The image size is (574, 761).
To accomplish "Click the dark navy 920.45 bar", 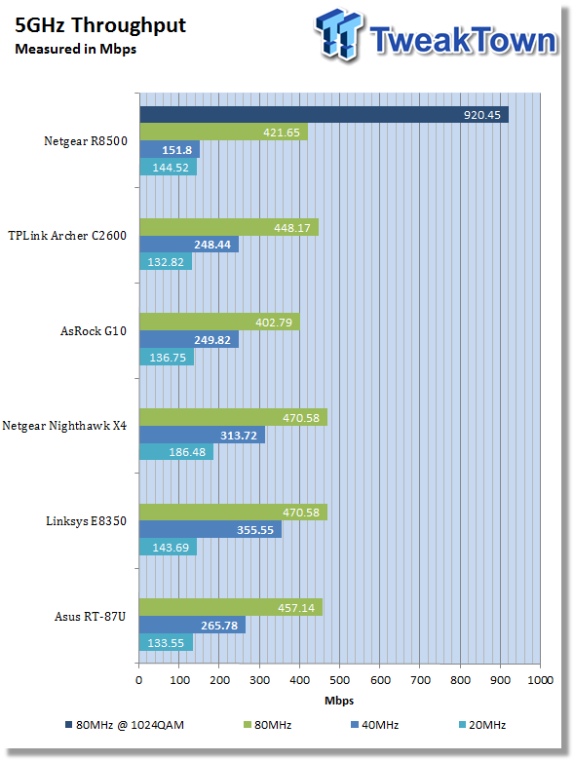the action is pos(325,115).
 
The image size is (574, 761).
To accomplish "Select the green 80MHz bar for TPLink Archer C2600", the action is pos(229,227).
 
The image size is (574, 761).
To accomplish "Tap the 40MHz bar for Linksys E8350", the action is pos(210,529).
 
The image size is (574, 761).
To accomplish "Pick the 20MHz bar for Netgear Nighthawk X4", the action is pos(176,452).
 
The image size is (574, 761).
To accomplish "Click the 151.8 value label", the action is pos(177,150).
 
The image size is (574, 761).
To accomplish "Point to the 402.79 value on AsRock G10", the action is pos(274,323).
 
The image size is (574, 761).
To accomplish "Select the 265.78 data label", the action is pos(219,626).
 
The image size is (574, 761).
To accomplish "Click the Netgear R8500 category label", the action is pos(86,140).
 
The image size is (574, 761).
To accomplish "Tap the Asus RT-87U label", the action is pos(91,617).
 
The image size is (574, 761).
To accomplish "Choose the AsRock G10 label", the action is pos(94,331).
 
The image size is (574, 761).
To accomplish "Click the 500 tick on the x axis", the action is pos(339,680).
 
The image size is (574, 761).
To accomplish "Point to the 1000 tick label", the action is pos(541,680).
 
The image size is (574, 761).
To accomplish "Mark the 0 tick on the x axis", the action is pos(138,680).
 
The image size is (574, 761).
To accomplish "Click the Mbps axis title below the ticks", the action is pos(339,701).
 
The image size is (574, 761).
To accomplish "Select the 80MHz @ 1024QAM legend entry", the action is pos(125,725).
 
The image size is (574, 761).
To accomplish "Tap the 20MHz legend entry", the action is pos(482,725).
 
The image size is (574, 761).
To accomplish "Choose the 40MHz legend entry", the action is pos(374,725).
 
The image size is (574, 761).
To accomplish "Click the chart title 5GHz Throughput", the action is pos(100,25).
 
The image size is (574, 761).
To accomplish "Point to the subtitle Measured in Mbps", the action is pos(76,49).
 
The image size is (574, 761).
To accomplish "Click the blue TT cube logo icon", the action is pos(339,34).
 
